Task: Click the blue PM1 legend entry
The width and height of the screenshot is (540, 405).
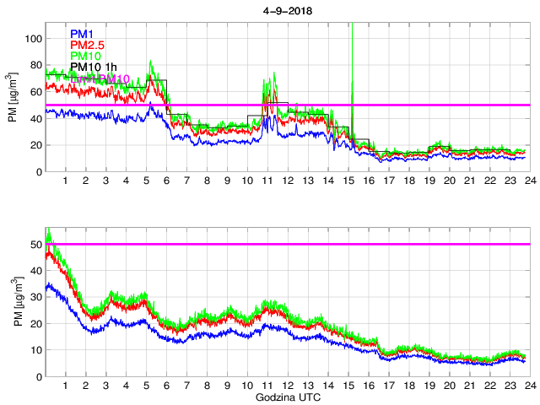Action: point(83,34)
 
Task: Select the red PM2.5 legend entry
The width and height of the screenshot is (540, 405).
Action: point(88,45)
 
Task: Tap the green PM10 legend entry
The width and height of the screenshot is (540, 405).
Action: point(85,56)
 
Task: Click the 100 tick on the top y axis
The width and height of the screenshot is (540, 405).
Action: point(30,39)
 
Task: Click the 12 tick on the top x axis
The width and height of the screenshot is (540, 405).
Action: point(287,181)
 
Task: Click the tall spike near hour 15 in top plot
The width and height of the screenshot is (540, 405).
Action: point(351,51)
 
